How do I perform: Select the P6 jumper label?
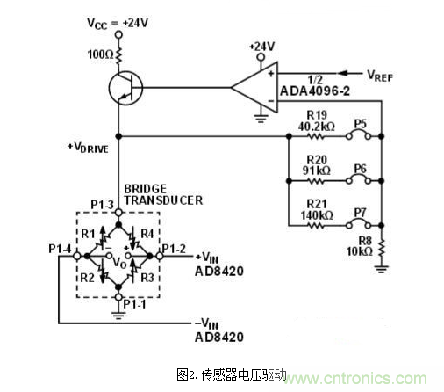coord(360,165)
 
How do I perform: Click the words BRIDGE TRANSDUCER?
coord(163,194)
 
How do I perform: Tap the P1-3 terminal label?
coord(102,205)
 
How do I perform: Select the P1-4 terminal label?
coord(61,247)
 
